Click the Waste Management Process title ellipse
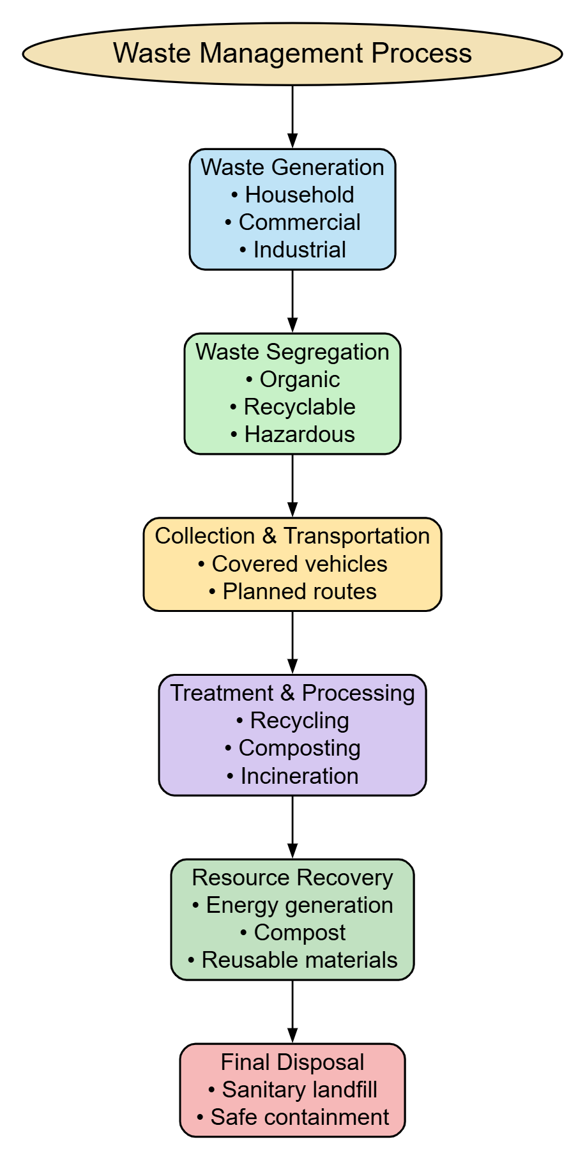coord(292,54)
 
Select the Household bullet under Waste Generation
coord(292,195)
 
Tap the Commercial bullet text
coord(292,222)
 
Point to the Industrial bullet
coord(292,250)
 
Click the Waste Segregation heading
coord(292,352)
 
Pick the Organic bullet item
coord(292,379)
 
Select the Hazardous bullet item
coord(292,434)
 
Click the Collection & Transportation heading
coord(292,536)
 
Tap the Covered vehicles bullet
coord(292,564)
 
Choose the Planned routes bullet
coord(292,591)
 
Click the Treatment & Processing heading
coord(292,693)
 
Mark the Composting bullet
coord(292,748)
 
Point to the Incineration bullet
coord(292,776)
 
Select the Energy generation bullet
coord(292,905)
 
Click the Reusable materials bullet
coord(292,960)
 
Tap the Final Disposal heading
coord(292,1062)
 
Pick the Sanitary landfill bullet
coord(292,1090)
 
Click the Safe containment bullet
coord(292,1117)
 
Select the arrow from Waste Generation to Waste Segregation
coord(292,301)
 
